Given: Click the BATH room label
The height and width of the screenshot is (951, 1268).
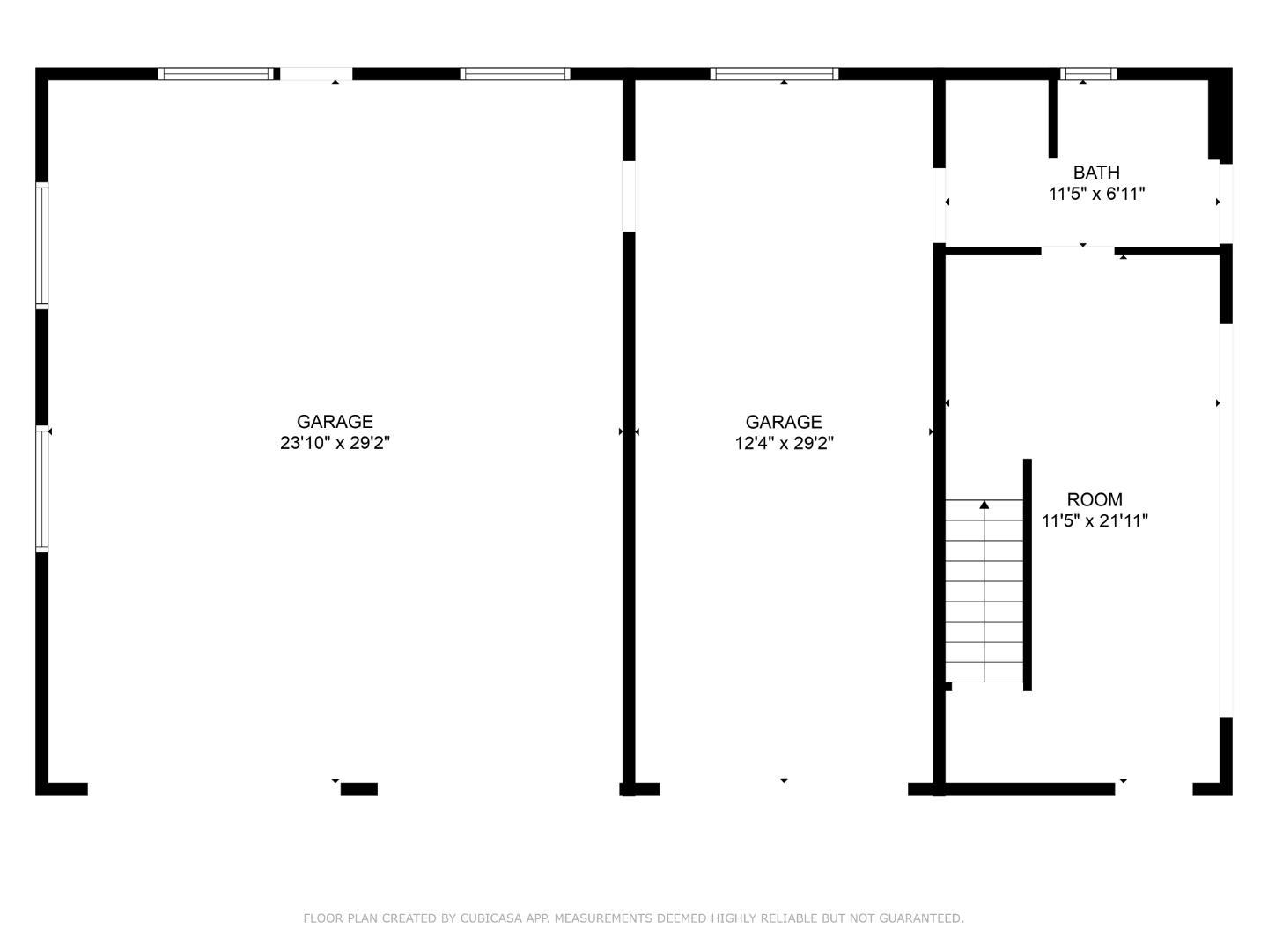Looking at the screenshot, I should (x=1096, y=173).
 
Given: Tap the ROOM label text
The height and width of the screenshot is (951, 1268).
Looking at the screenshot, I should (x=1095, y=499).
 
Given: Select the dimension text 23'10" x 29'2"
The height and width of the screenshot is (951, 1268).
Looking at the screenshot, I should (x=335, y=443).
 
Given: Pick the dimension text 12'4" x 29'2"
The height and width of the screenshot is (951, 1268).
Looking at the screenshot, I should (x=784, y=443).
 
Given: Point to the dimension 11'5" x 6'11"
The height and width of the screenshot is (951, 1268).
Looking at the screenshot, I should (x=1096, y=194).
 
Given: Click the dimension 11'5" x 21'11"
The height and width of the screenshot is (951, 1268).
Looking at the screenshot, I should (x=1095, y=520).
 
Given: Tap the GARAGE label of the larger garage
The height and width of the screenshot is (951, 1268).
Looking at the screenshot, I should (x=335, y=422).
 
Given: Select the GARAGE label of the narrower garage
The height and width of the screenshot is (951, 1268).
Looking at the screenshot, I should (x=784, y=422).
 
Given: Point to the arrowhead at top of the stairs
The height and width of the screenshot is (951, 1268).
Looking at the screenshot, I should (x=984, y=505).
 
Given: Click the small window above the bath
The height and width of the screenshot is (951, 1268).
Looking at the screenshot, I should (x=1088, y=74).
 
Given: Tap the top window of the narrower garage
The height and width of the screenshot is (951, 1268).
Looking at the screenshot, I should (x=774, y=74).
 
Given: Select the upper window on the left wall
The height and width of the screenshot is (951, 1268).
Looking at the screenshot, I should (x=41, y=245).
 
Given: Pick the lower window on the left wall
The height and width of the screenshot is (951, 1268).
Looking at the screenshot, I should (x=41, y=488).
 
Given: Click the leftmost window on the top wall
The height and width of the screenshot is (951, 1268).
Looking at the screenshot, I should (x=216, y=74).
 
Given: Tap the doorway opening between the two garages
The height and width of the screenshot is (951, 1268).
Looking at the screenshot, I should (x=629, y=195).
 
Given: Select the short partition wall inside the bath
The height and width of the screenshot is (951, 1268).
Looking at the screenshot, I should (x=1052, y=118).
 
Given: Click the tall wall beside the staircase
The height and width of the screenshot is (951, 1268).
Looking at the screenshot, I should (x=1027, y=574).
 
